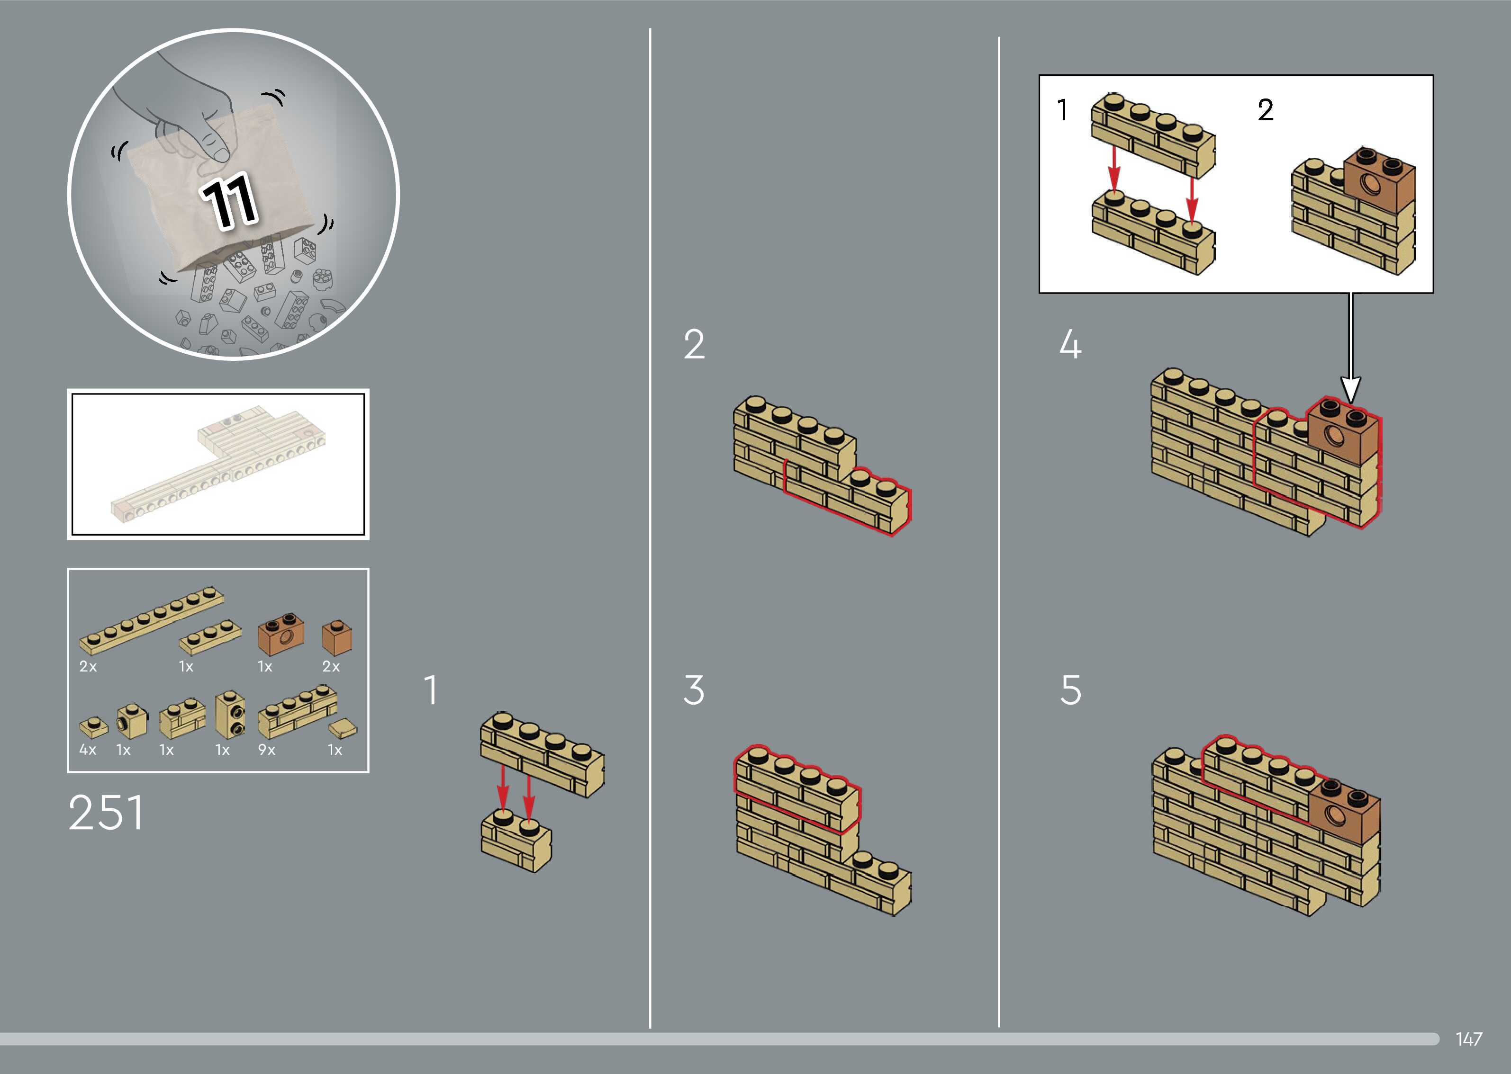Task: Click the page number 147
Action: tap(1469, 1039)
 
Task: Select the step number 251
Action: tap(106, 813)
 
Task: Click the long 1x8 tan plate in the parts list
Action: tap(151, 620)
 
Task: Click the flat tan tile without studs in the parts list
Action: tap(343, 729)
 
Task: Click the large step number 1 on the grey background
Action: tap(431, 690)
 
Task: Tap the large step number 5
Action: tap(1070, 690)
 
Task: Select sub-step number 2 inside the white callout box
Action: tap(1265, 110)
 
